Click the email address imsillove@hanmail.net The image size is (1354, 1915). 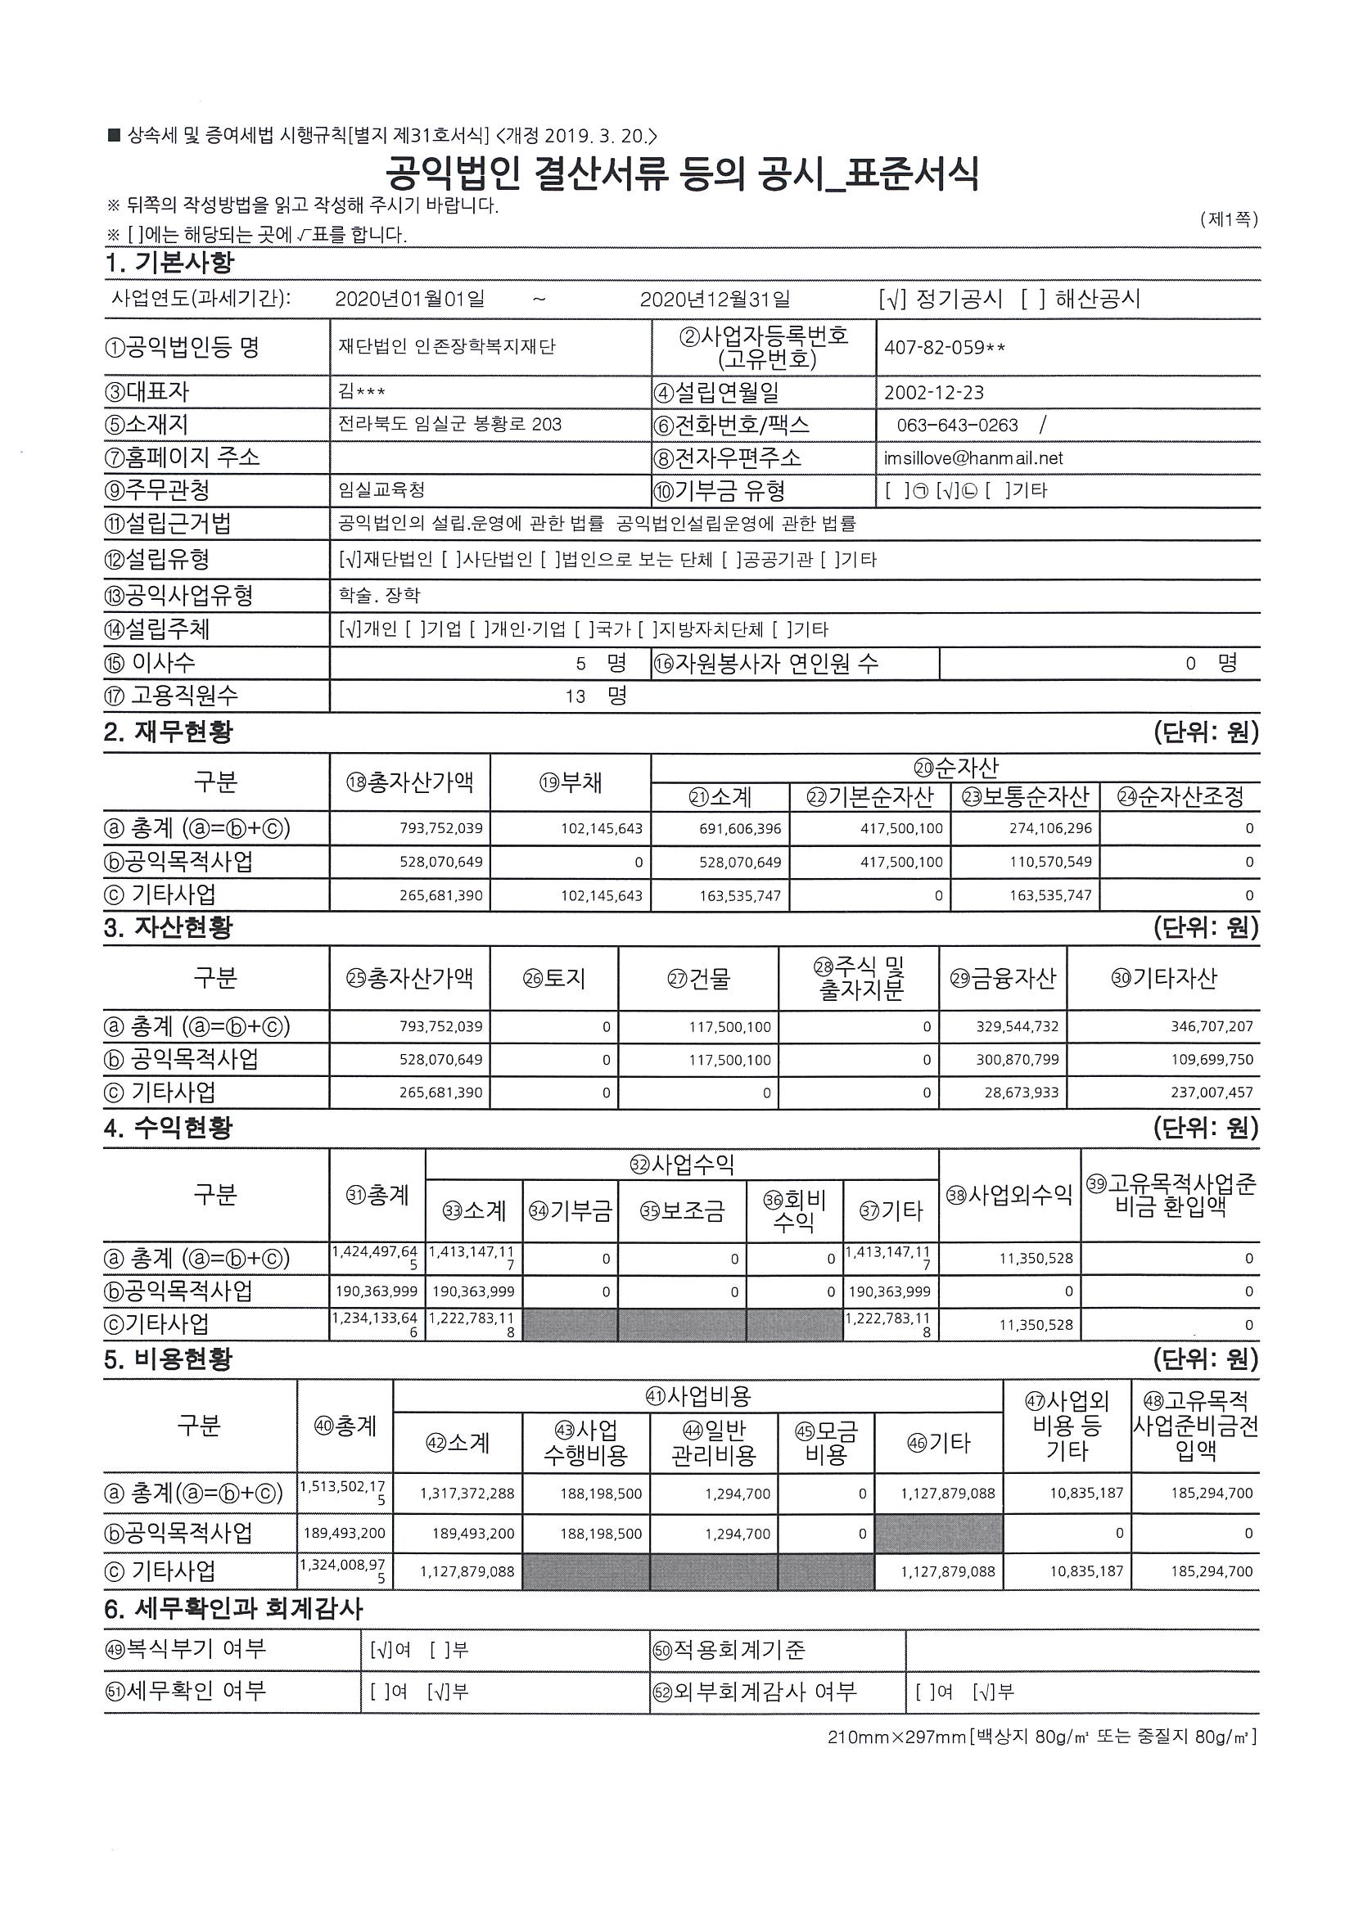coord(973,458)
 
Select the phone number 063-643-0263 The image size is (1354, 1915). coord(957,426)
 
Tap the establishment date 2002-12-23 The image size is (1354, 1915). coord(933,393)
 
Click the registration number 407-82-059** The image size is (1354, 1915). coord(944,348)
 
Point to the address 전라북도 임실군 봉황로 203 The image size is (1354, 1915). coord(449,425)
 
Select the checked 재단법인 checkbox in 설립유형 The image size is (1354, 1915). coord(350,560)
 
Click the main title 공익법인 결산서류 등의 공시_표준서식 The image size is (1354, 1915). coord(682,174)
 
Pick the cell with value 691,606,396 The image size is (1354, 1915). coord(740,829)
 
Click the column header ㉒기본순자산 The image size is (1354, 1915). coord(869,797)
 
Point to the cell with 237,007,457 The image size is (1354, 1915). coord(1212,1093)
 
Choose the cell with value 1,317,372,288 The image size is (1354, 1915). coord(467,1494)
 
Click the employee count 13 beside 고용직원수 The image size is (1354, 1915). coord(575,696)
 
